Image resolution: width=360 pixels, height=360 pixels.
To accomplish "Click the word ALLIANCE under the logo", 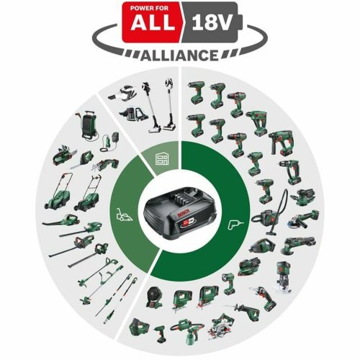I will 180,55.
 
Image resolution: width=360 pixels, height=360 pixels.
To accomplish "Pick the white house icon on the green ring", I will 162,160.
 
